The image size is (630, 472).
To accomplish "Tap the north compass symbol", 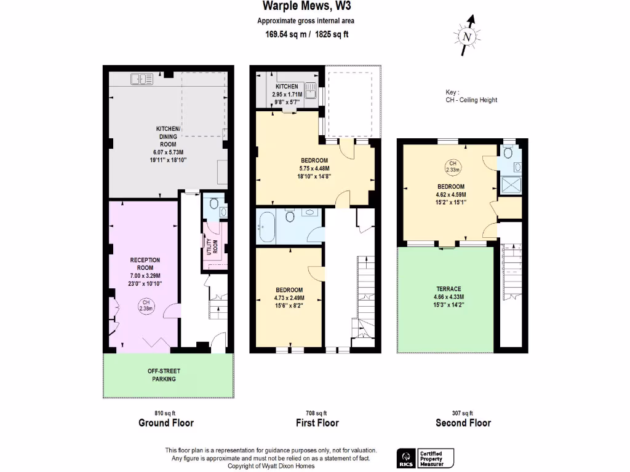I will [468, 37].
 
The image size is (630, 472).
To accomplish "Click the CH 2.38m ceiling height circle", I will [146, 306].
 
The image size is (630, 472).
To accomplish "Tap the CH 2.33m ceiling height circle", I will [452, 167].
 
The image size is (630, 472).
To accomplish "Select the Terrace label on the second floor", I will [449, 288].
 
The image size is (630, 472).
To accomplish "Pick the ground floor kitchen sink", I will [142, 79].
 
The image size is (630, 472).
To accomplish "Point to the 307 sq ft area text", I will [463, 413].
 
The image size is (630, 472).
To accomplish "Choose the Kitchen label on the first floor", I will [287, 87].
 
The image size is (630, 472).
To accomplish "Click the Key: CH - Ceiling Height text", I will [471, 96].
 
